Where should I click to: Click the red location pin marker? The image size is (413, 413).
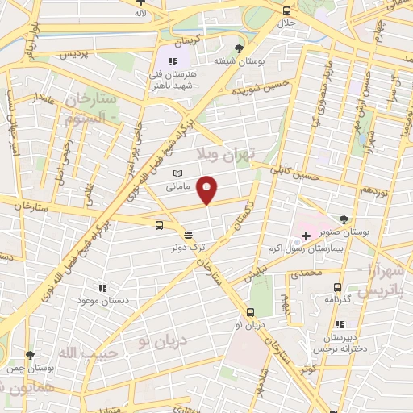click(x=207, y=189)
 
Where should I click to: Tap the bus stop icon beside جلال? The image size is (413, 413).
click(x=288, y=10)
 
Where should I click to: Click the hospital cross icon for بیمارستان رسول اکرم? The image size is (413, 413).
click(x=305, y=235)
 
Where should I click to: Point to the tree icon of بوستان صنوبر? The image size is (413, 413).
click(x=344, y=219)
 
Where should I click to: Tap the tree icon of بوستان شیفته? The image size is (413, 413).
click(x=237, y=48)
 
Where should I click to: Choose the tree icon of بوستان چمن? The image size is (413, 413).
click(x=30, y=354)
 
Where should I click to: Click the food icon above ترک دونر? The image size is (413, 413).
click(x=188, y=235)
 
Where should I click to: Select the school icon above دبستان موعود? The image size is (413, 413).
click(x=102, y=287)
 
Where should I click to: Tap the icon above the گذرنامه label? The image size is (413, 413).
click(x=336, y=286)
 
